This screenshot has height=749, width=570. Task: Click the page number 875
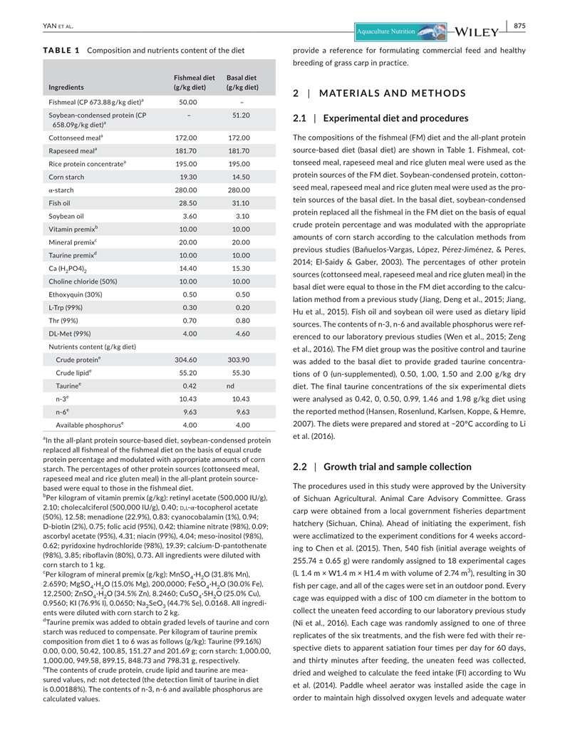coord(519,26)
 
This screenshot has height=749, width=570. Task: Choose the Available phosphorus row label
coord(89,425)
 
